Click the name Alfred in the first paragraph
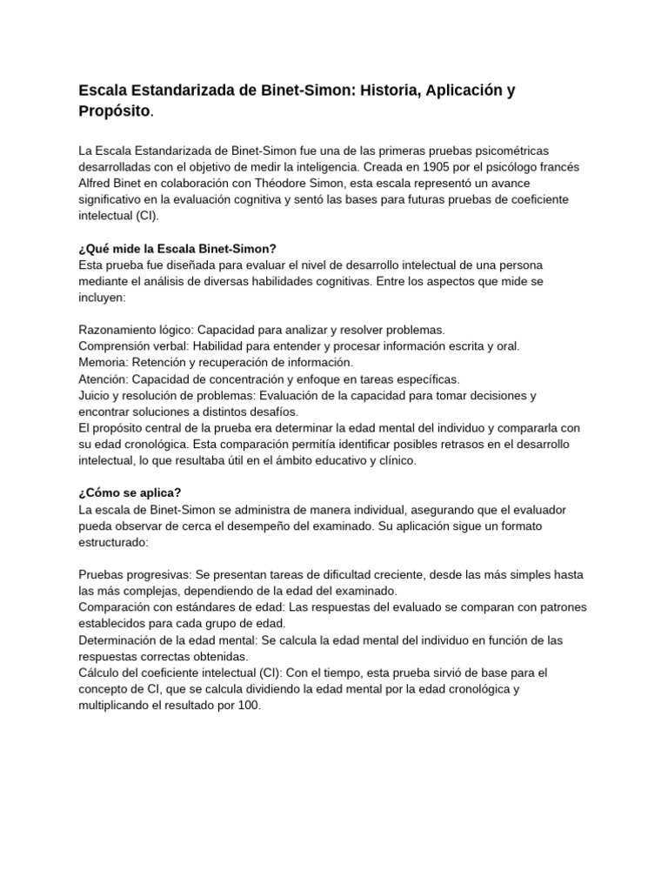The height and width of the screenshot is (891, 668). (x=97, y=184)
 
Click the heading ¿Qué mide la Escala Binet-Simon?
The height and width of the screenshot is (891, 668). (x=177, y=248)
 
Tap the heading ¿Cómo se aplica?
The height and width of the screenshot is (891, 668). (x=130, y=492)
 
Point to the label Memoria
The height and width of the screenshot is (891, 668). (x=102, y=362)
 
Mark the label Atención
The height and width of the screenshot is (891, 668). (x=102, y=379)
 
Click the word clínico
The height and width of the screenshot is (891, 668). (x=396, y=460)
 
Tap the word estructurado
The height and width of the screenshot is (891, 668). (x=113, y=541)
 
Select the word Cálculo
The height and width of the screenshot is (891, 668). (x=101, y=673)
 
